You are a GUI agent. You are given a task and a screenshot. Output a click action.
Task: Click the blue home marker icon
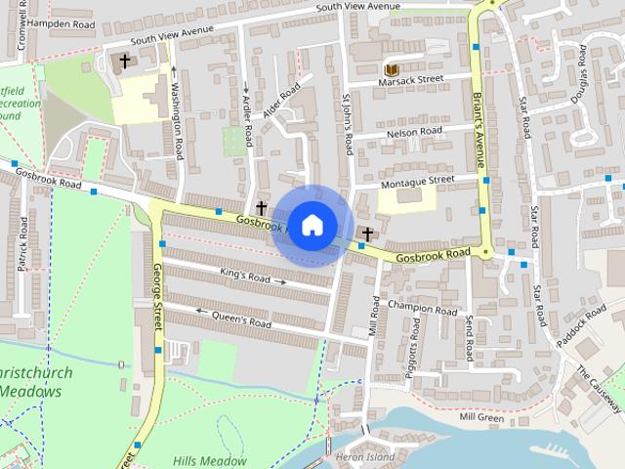click(312, 225)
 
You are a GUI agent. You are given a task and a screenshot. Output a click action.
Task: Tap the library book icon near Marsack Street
click(391, 70)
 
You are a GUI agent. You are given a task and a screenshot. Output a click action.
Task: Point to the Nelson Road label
click(414, 131)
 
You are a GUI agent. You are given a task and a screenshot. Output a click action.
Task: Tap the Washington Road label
click(177, 116)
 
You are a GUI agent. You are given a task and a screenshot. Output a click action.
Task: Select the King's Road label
click(244, 277)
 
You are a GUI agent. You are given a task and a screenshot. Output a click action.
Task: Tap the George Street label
click(156, 303)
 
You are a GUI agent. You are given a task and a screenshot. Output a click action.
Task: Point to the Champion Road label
click(422, 308)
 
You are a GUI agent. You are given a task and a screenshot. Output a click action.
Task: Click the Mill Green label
click(482, 417)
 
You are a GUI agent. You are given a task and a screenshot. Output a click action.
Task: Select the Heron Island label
click(365, 456)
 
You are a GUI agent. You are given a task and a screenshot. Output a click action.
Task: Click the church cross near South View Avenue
click(124, 62)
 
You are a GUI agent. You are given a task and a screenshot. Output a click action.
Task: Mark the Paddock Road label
click(577, 329)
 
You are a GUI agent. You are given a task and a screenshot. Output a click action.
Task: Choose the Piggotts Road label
click(413, 361)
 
